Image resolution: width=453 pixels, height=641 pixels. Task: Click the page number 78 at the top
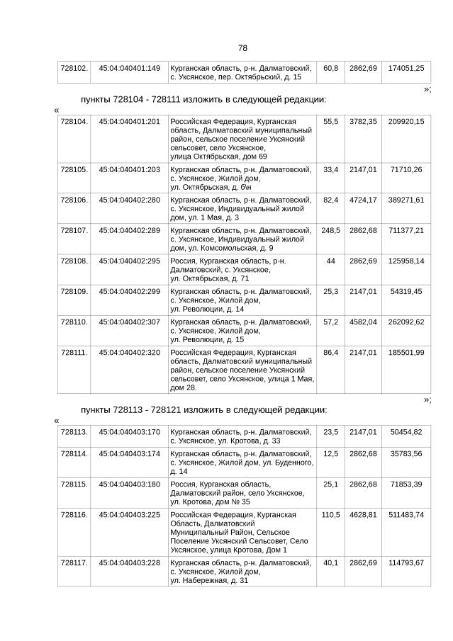(x=242, y=48)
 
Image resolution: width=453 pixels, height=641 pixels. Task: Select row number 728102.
(x=74, y=68)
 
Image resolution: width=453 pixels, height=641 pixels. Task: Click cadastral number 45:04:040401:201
(x=129, y=122)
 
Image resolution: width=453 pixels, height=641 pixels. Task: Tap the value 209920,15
(x=406, y=122)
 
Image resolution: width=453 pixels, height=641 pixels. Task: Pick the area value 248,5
(x=330, y=230)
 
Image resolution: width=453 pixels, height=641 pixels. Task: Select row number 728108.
(x=74, y=261)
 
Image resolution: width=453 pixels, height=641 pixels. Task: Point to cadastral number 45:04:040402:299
(x=129, y=291)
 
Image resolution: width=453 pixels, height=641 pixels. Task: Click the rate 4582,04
(x=363, y=322)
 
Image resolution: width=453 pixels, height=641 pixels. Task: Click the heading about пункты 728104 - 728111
(x=203, y=99)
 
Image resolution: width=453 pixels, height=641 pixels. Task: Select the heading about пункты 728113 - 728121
(x=203, y=409)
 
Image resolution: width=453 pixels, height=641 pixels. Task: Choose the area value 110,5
(x=330, y=515)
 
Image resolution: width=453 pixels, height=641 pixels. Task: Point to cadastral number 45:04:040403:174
(x=129, y=453)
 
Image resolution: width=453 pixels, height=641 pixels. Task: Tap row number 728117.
(x=74, y=563)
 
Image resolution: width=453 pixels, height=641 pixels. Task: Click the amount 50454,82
(x=406, y=431)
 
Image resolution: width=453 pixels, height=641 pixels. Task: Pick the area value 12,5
(x=330, y=453)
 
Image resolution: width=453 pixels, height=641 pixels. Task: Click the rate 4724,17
(x=363, y=200)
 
